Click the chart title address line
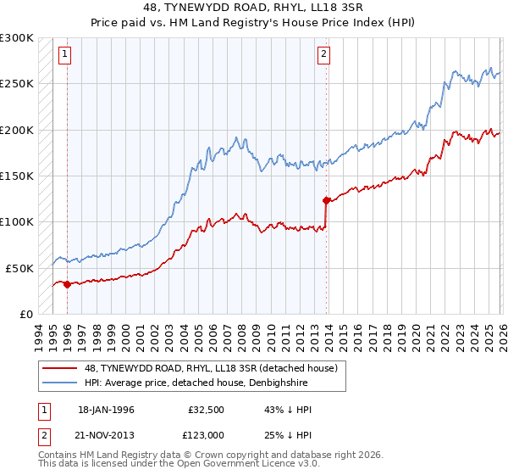pyautogui.click(x=254, y=8)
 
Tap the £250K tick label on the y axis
pyautogui.click(x=17, y=84)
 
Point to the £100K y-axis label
pyautogui.click(x=17, y=221)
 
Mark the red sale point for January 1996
pyautogui.click(x=66, y=284)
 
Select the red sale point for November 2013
pyautogui.click(x=326, y=201)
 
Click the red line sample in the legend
pyautogui.click(x=59, y=368)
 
